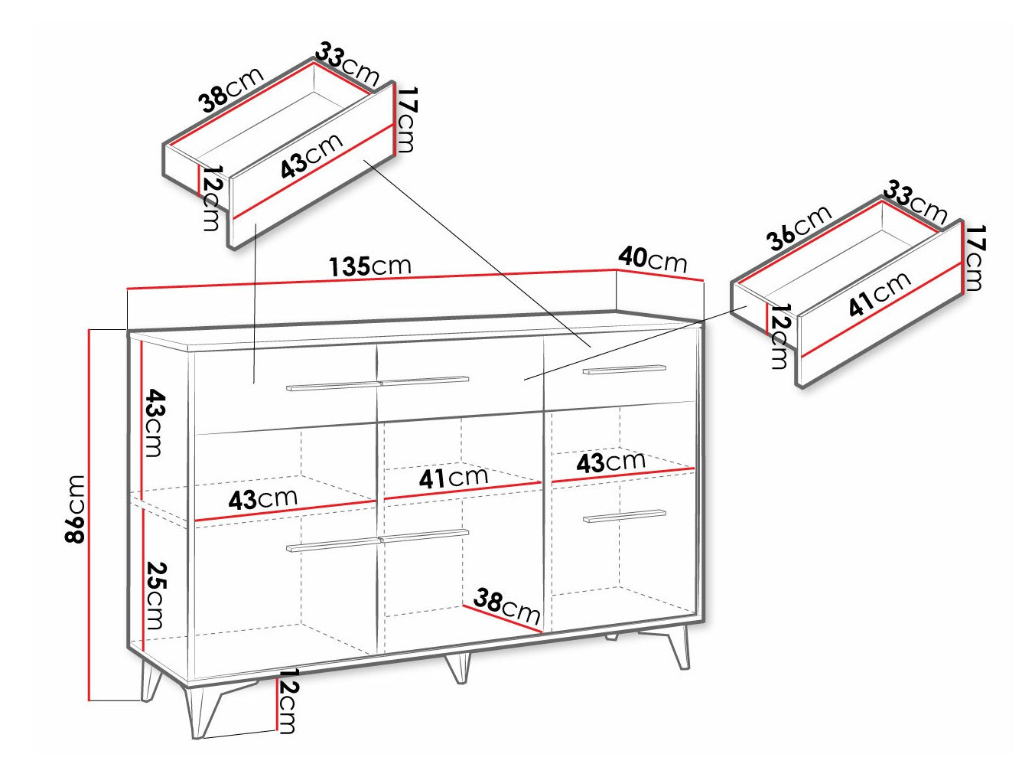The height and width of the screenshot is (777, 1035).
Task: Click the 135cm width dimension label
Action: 370,266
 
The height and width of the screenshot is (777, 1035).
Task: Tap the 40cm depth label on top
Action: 653,260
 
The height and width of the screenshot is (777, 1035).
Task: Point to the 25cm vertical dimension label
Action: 155,596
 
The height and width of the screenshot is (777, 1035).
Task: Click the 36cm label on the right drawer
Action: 799,227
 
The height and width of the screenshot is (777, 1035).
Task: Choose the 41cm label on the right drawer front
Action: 880,294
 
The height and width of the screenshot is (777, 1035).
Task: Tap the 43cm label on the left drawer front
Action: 311,156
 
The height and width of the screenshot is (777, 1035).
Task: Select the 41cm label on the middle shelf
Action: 453,478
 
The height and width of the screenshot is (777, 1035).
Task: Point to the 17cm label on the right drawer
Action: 973,258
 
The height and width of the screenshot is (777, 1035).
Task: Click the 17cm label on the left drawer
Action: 405,119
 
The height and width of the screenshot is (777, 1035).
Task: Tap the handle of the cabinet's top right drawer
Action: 624,370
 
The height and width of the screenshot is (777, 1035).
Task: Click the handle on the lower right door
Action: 624,516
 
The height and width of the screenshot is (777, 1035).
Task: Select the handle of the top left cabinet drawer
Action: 334,386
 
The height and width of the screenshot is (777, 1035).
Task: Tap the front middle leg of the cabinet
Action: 458,667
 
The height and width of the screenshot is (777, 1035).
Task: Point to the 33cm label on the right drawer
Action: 916,202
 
